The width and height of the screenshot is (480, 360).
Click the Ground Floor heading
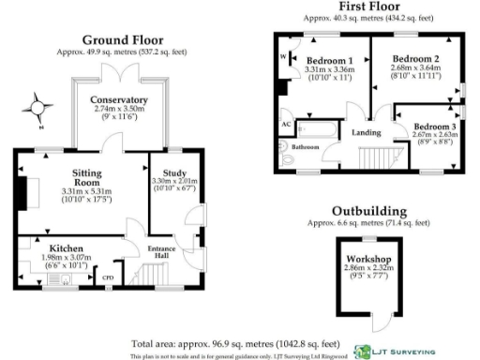(x=122, y=39)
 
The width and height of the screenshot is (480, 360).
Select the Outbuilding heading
(x=373, y=211)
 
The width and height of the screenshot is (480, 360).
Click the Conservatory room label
(x=119, y=99)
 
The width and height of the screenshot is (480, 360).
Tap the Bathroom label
(x=305, y=148)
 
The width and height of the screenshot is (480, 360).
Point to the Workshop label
(x=367, y=258)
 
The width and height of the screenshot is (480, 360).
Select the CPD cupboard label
(x=107, y=277)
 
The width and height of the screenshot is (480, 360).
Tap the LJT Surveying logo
(x=393, y=352)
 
